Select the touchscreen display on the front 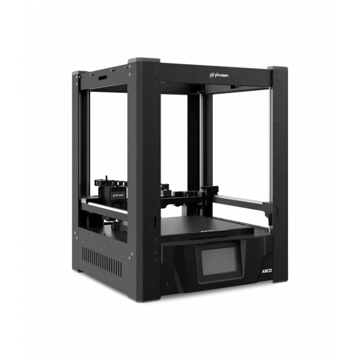pyautogui.click(x=218, y=262)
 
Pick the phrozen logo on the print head pyautogui.click(x=116, y=196)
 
